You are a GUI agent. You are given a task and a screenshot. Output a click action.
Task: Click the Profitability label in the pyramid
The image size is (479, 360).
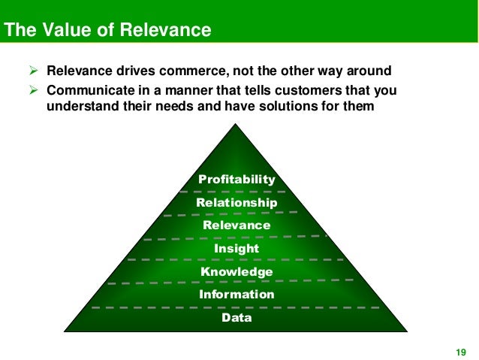pyautogui.click(x=236, y=180)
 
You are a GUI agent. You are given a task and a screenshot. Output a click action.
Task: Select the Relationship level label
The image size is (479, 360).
pyautogui.click(x=236, y=203)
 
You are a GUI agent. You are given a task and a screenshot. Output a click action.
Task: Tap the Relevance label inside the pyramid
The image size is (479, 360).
pyautogui.click(x=236, y=225)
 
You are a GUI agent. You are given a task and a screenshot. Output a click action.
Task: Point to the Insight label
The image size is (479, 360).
pyautogui.click(x=236, y=249)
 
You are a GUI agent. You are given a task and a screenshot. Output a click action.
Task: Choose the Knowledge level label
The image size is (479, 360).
pyautogui.click(x=236, y=271)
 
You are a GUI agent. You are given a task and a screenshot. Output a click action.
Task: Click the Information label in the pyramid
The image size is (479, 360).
pyautogui.click(x=236, y=295)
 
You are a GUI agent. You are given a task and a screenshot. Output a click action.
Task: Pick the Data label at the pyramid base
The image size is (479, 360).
pyautogui.click(x=236, y=318)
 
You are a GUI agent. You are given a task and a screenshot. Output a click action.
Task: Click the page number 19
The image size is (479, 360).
pyautogui.click(x=461, y=352)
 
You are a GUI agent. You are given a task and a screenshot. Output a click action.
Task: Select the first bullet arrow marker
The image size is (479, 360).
pyautogui.click(x=33, y=71)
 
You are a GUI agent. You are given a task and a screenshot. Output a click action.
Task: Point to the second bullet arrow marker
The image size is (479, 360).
pyautogui.click(x=33, y=91)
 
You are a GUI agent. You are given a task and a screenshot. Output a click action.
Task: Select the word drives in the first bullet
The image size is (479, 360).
pyautogui.click(x=134, y=71)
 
